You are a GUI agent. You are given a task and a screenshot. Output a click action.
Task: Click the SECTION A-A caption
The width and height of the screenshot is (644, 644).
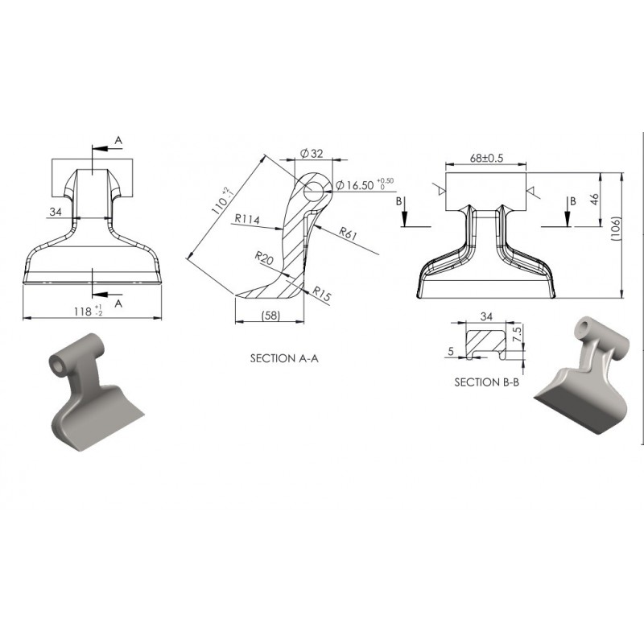click(284, 358)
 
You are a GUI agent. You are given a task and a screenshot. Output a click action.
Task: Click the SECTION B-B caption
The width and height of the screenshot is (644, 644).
click(487, 382)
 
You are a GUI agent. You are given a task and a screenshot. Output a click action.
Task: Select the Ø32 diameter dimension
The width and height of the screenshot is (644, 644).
click(312, 154)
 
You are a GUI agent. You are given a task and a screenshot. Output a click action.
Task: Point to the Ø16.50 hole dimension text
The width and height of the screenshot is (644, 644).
click(365, 185)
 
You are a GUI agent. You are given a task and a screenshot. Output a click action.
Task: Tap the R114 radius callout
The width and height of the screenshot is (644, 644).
click(247, 219)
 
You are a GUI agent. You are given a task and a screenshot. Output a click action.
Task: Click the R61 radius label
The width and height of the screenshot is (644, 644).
click(349, 233)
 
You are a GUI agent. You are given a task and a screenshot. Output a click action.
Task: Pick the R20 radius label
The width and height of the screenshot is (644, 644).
click(264, 258)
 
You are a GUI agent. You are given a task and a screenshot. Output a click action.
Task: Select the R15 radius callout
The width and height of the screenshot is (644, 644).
click(321, 293)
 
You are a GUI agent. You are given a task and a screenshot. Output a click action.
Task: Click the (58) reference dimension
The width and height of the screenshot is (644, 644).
click(270, 316)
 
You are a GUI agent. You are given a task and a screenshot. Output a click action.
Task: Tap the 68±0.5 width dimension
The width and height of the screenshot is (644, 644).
click(486, 158)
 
